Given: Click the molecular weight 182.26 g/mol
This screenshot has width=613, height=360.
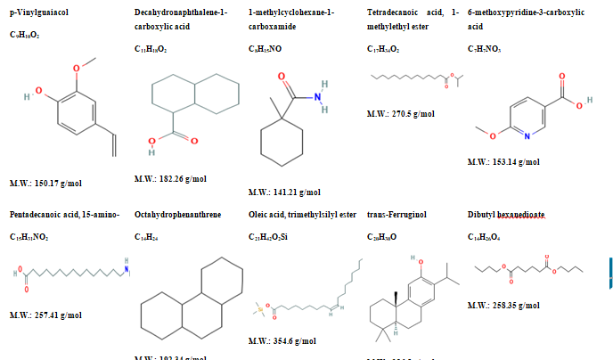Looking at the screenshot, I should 169,178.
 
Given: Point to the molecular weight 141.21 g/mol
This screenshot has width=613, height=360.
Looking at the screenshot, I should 284,191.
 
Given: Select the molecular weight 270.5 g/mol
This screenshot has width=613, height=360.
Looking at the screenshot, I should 400,115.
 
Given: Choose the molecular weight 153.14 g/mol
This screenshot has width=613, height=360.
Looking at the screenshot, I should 503,162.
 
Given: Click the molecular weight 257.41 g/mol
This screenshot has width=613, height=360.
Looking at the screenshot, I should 45,315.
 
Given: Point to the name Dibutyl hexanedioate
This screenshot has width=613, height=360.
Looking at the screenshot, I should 505,215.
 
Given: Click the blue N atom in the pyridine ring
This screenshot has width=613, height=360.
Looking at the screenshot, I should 527,135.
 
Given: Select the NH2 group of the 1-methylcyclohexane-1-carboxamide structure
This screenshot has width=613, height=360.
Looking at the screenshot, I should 323,92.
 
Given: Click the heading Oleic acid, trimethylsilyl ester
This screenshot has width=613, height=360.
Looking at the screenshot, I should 302,215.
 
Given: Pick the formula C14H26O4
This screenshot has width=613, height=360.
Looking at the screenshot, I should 486,236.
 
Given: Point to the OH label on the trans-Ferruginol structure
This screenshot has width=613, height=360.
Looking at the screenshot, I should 421,259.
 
